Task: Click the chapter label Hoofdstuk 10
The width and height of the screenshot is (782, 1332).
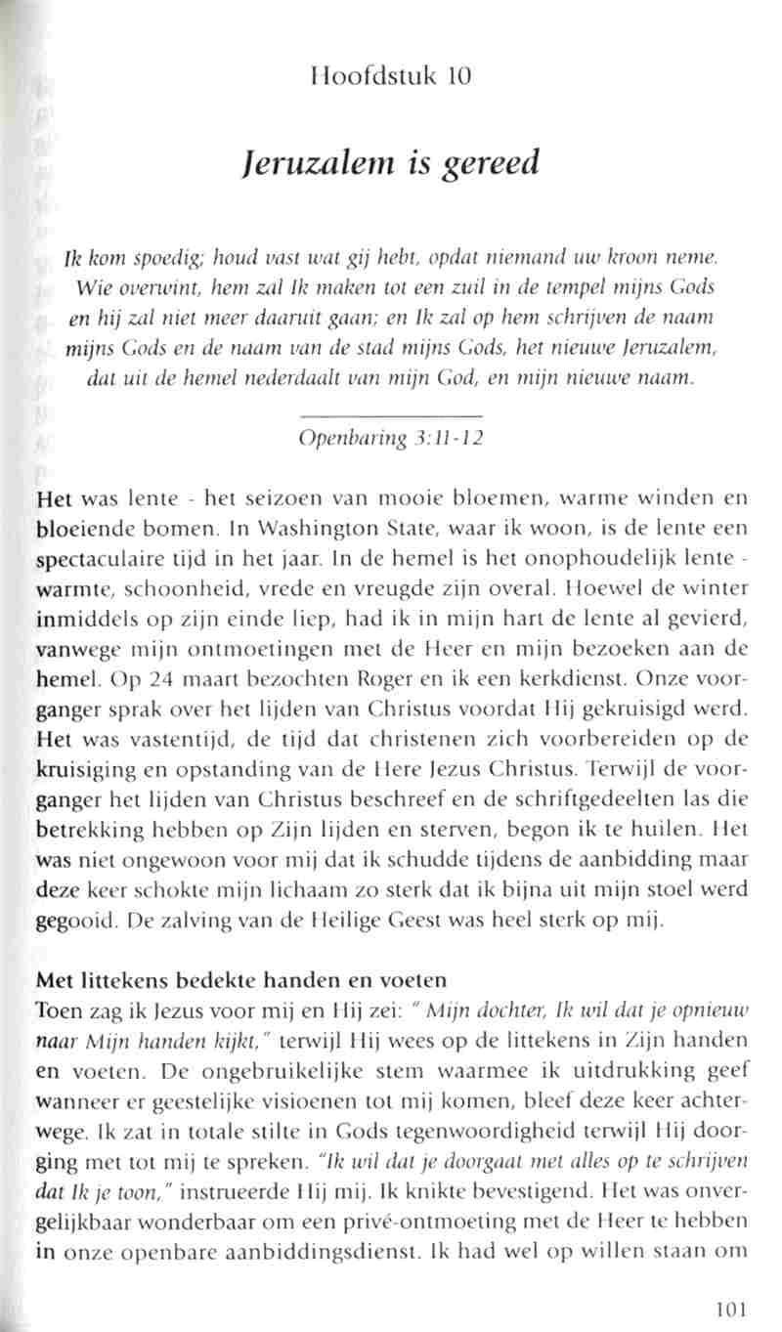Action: (x=388, y=74)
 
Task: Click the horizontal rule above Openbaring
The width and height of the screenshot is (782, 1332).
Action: (x=388, y=418)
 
